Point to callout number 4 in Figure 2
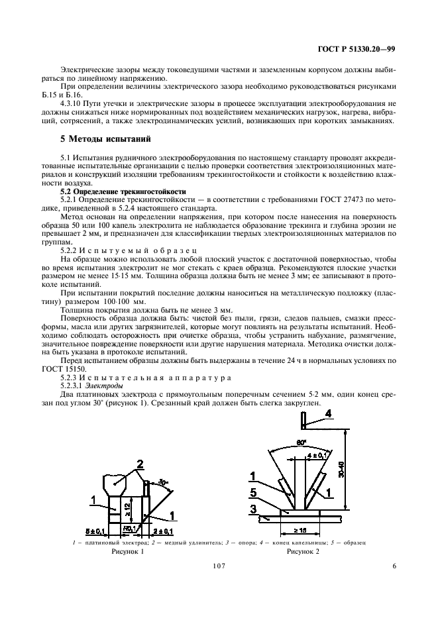[328, 415]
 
